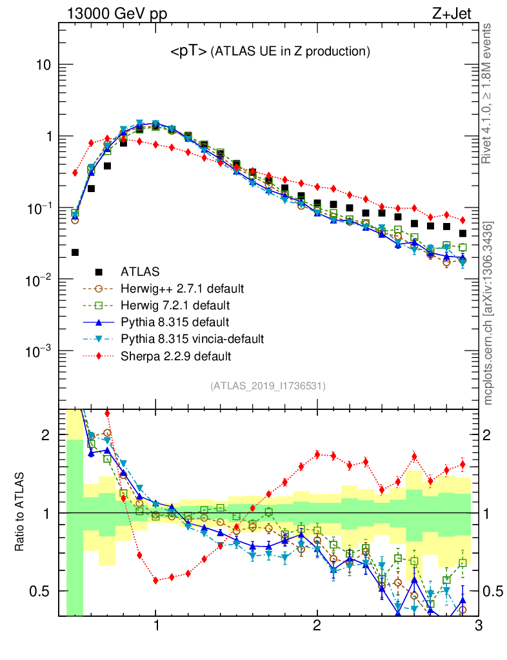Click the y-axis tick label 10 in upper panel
[x=43, y=66]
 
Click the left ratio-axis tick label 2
[x=46, y=435]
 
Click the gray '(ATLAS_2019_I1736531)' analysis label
[x=268, y=386]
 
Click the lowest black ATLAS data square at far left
[x=75, y=252]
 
